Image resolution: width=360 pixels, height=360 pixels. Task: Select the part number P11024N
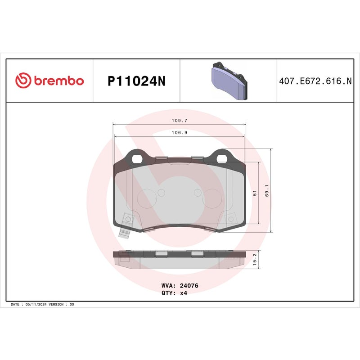point(136,81)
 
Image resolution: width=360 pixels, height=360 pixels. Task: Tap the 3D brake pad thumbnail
point(229,81)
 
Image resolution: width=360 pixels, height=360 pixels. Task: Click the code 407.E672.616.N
point(315,81)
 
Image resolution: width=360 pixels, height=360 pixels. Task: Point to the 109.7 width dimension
point(179,121)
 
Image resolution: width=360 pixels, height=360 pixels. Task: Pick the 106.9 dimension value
point(179,133)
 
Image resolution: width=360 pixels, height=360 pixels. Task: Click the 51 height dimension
point(255,193)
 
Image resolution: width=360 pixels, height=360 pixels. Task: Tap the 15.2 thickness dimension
point(255,260)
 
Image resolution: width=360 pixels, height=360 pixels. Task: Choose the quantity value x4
point(183,293)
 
